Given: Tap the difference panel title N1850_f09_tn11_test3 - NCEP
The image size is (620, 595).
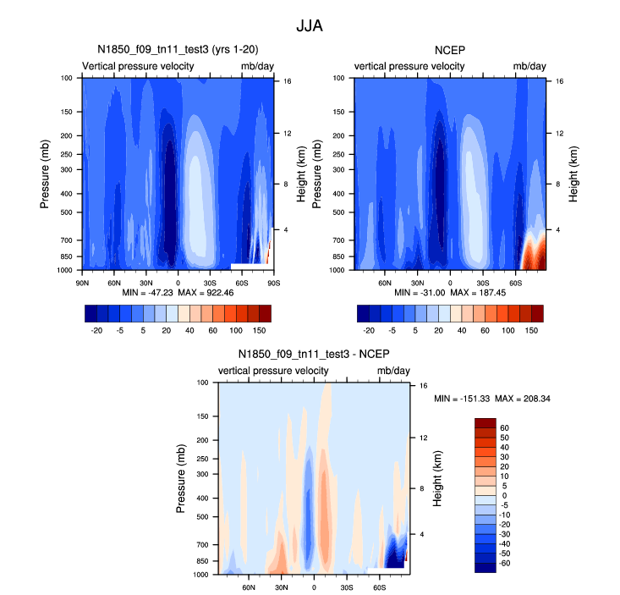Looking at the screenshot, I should coord(313,355).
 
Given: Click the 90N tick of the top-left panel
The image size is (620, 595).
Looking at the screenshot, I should coord(83,282).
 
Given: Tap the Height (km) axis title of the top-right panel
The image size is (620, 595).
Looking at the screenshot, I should coord(573,174).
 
